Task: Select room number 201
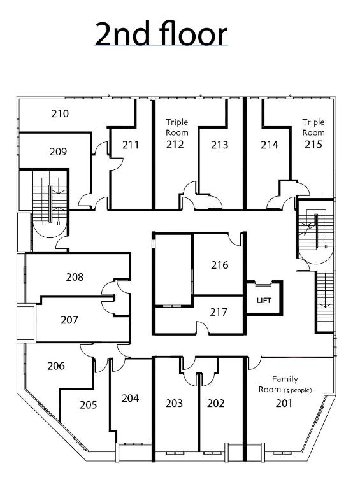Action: (x=284, y=403)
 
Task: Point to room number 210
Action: (x=60, y=114)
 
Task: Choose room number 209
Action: (x=58, y=152)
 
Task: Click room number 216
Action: (x=219, y=265)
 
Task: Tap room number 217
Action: (x=219, y=311)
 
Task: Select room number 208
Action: (x=75, y=277)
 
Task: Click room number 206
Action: (x=56, y=365)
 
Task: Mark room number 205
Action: (x=89, y=404)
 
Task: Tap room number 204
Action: (x=130, y=398)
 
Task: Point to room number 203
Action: (x=174, y=403)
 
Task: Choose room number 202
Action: (x=217, y=403)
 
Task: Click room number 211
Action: (x=131, y=145)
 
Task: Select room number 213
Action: (x=219, y=145)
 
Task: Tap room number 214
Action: (x=270, y=145)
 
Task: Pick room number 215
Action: (x=313, y=145)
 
